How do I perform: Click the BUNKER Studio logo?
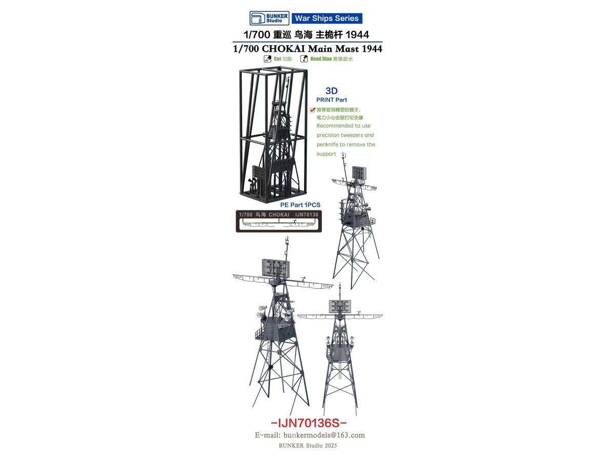[269, 18]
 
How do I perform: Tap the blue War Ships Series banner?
[326, 18]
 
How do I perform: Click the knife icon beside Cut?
[268, 59]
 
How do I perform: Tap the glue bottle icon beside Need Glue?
[304, 59]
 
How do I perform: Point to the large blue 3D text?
[332, 91]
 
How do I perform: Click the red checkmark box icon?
[313, 110]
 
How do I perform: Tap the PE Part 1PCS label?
[300, 205]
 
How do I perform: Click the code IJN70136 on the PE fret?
[306, 215]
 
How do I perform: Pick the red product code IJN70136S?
[309, 423]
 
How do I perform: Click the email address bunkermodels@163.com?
[324, 435]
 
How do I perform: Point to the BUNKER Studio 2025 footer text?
[307, 446]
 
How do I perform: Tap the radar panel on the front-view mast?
[340, 306]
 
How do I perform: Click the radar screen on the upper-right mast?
[359, 173]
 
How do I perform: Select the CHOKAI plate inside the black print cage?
[283, 165]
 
